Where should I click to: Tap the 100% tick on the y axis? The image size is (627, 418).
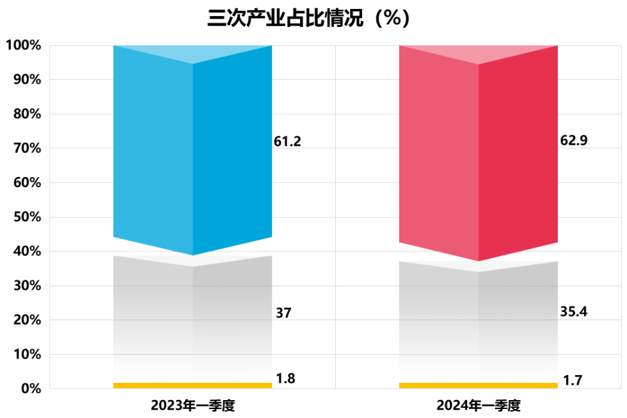point(24,45)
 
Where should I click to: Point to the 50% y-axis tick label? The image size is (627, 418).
point(27,217)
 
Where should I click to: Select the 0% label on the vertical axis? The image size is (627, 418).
point(29,389)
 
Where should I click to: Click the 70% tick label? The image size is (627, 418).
point(27,148)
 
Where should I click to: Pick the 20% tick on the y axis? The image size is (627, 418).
point(27,320)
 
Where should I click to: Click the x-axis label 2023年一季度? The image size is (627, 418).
point(193,405)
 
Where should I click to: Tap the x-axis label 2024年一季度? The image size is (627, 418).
point(479,405)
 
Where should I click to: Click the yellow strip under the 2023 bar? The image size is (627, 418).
point(193,385)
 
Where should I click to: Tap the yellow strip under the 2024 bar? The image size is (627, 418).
point(479,385)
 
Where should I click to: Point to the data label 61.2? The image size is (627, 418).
point(287,142)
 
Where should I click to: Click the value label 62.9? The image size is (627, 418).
point(573,142)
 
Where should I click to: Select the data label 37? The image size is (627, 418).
point(283,313)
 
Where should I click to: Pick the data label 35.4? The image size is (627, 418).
point(573,312)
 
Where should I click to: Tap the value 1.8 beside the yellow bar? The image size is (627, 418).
point(285,378)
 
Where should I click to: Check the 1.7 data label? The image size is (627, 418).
point(571,383)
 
